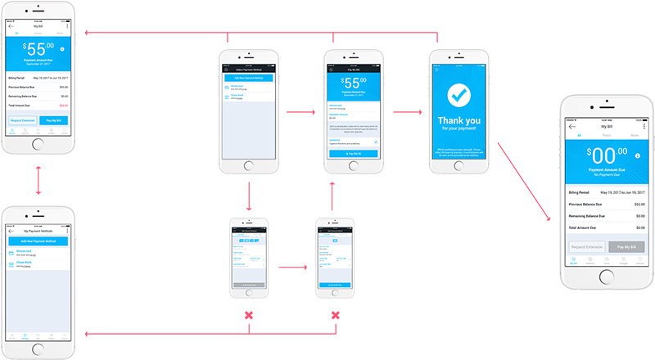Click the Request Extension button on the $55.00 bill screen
click(23, 120)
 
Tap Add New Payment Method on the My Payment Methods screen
click(38, 242)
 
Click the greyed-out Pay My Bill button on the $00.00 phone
click(626, 245)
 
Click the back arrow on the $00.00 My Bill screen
click(573, 126)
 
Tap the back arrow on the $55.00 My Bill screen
click(11, 27)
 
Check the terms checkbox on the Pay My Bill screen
click(376, 142)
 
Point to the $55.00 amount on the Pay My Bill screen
click(352, 84)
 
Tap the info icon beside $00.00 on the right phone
click(635, 155)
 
